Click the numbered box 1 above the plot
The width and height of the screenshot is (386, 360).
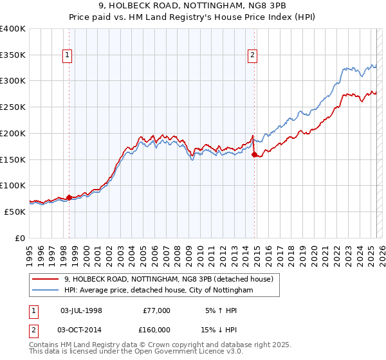tap(68, 56)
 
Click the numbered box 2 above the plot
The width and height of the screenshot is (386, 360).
tap(253, 56)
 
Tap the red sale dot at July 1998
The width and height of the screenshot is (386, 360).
tap(69, 197)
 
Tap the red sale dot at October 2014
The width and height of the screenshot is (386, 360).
tap(254, 154)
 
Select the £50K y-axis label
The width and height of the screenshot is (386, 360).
tap(15, 212)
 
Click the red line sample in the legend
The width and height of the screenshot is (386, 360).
tap(46, 279)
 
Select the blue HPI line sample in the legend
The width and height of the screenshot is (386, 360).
tap(46, 291)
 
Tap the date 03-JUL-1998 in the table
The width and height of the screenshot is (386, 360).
tap(81, 310)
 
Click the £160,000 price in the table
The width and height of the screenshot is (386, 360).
tap(154, 330)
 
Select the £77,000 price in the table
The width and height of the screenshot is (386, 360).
tap(156, 310)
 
